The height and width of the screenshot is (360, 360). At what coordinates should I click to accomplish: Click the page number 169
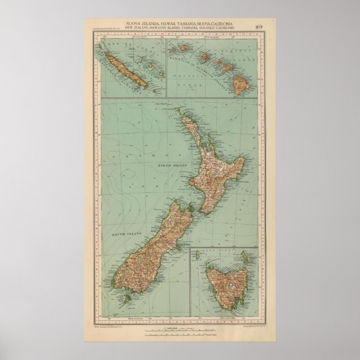click(x=258, y=26)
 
